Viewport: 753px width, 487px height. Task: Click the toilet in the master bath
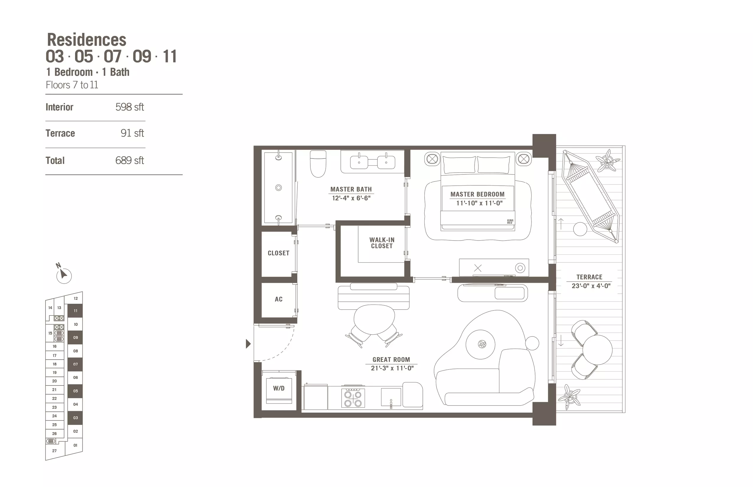318,164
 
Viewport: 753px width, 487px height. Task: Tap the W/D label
279,388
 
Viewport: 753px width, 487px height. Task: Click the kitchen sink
391,397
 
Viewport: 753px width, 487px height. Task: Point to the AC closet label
278,299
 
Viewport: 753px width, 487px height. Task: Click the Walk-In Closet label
382,243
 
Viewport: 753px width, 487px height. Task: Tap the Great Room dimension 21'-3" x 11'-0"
392,368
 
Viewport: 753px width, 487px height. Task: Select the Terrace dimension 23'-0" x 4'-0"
591,286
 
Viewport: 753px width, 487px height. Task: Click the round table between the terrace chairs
597,350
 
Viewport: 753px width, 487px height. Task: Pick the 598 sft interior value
129,107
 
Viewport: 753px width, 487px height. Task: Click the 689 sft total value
129,160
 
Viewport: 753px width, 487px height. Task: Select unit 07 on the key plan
75,364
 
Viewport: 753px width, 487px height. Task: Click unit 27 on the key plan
54,451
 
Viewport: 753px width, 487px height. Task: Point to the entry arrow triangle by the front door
248,344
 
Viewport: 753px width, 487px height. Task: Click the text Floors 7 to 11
72,85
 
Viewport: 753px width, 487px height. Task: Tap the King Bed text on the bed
510,221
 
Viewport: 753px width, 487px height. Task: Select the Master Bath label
351,189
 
